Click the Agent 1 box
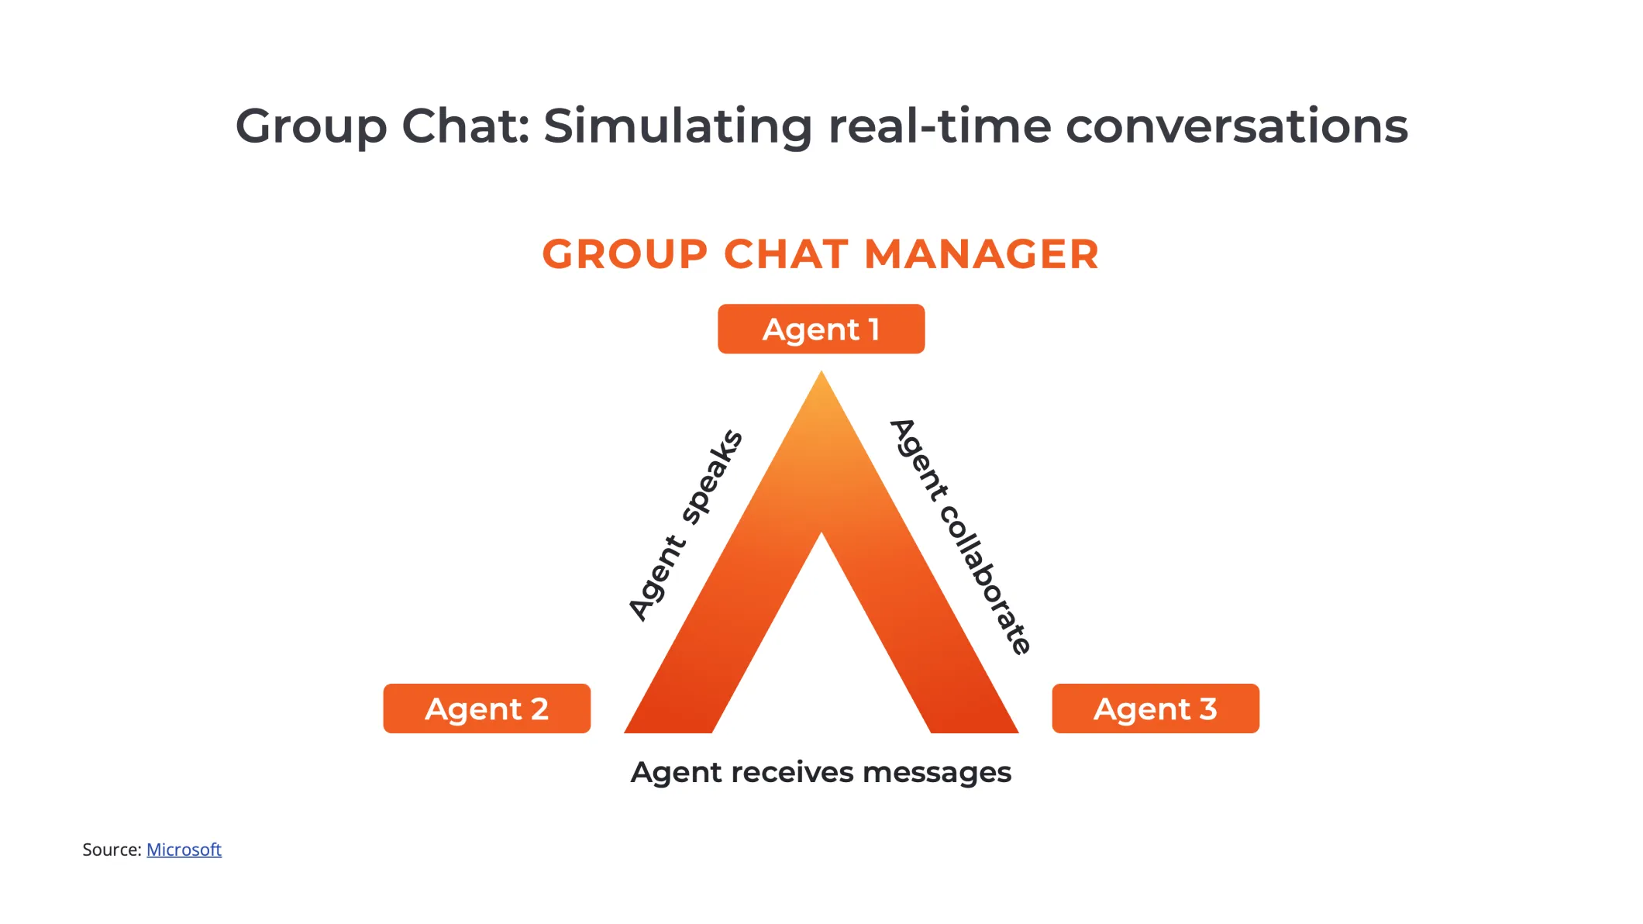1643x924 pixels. [821, 329]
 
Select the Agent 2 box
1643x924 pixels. [487, 709]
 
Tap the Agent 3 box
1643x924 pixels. [1155, 709]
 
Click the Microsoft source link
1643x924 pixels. [184, 850]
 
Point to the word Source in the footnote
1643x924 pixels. [111, 850]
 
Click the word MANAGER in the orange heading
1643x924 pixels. [981, 254]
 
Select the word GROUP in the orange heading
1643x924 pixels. [625, 254]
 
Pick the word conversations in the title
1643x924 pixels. [1236, 126]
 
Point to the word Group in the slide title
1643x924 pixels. [311, 126]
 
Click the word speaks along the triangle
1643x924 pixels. [712, 477]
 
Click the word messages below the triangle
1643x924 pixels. [936, 772]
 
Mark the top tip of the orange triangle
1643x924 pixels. [821, 374]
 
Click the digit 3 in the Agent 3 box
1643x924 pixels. [1207, 709]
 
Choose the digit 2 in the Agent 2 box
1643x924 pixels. [539, 709]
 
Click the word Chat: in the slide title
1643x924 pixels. [465, 126]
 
